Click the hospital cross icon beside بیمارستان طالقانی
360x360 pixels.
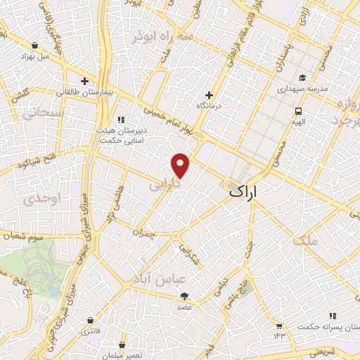pyautogui.click(x=84, y=81)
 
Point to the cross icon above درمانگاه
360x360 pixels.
pyautogui.click(x=209, y=95)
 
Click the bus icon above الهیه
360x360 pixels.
pyautogui.click(x=298, y=111)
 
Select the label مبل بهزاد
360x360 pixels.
pyautogui.click(x=33, y=55)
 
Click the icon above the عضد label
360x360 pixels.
pyautogui.click(x=184, y=296)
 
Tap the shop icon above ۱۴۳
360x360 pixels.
pyautogui.click(x=279, y=326)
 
